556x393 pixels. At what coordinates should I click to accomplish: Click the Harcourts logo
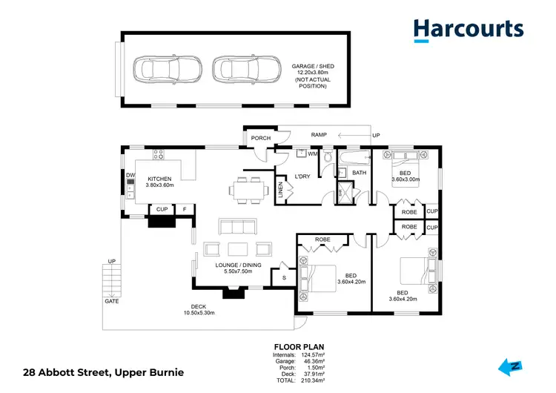tap(468, 29)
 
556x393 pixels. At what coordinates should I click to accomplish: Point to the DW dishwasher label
tap(130, 175)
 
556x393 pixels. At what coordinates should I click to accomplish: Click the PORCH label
tap(260, 138)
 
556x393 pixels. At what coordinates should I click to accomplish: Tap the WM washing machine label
tap(313, 153)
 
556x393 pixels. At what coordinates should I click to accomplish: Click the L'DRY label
tap(302, 176)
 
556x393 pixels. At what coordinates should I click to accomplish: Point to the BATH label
tap(359, 173)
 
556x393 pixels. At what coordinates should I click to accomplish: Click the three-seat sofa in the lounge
tap(236, 227)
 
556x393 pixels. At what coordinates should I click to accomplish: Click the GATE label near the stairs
tap(110, 302)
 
